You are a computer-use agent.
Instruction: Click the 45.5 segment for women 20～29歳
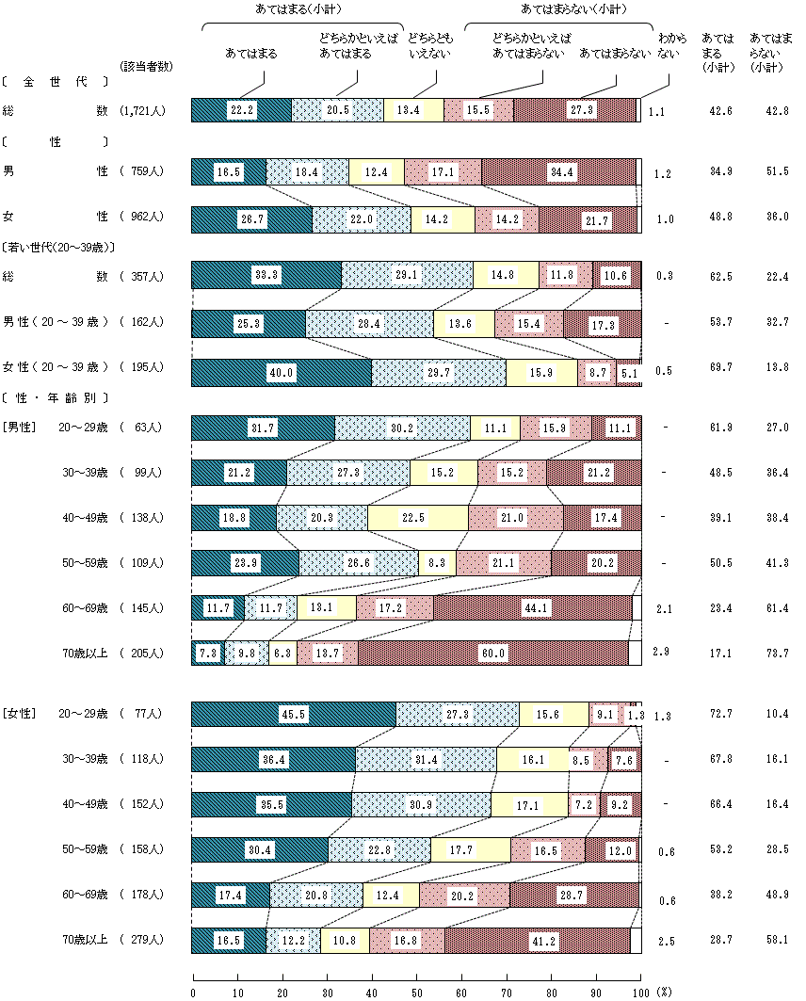click(x=294, y=714)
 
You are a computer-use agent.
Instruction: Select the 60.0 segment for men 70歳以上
click(x=492, y=653)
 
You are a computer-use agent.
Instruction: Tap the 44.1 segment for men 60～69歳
click(x=532, y=607)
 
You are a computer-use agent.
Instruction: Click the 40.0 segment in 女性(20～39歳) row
click(x=282, y=373)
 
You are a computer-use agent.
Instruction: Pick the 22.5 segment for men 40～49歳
click(x=417, y=517)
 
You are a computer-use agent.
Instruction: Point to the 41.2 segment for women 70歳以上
click(x=537, y=940)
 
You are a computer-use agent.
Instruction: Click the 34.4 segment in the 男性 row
click(x=558, y=171)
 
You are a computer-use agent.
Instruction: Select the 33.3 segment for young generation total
click(x=266, y=275)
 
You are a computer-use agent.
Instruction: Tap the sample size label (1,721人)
click(x=142, y=111)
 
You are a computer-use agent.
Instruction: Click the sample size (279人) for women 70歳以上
click(x=142, y=940)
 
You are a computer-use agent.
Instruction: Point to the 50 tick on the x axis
click(x=416, y=991)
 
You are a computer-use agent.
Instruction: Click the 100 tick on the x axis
click(x=640, y=991)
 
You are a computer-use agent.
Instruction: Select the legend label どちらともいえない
click(x=428, y=46)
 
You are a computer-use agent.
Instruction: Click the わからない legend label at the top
click(x=667, y=46)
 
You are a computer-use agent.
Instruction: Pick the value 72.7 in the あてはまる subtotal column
click(x=719, y=714)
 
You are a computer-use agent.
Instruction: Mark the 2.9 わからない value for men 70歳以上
click(x=664, y=653)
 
